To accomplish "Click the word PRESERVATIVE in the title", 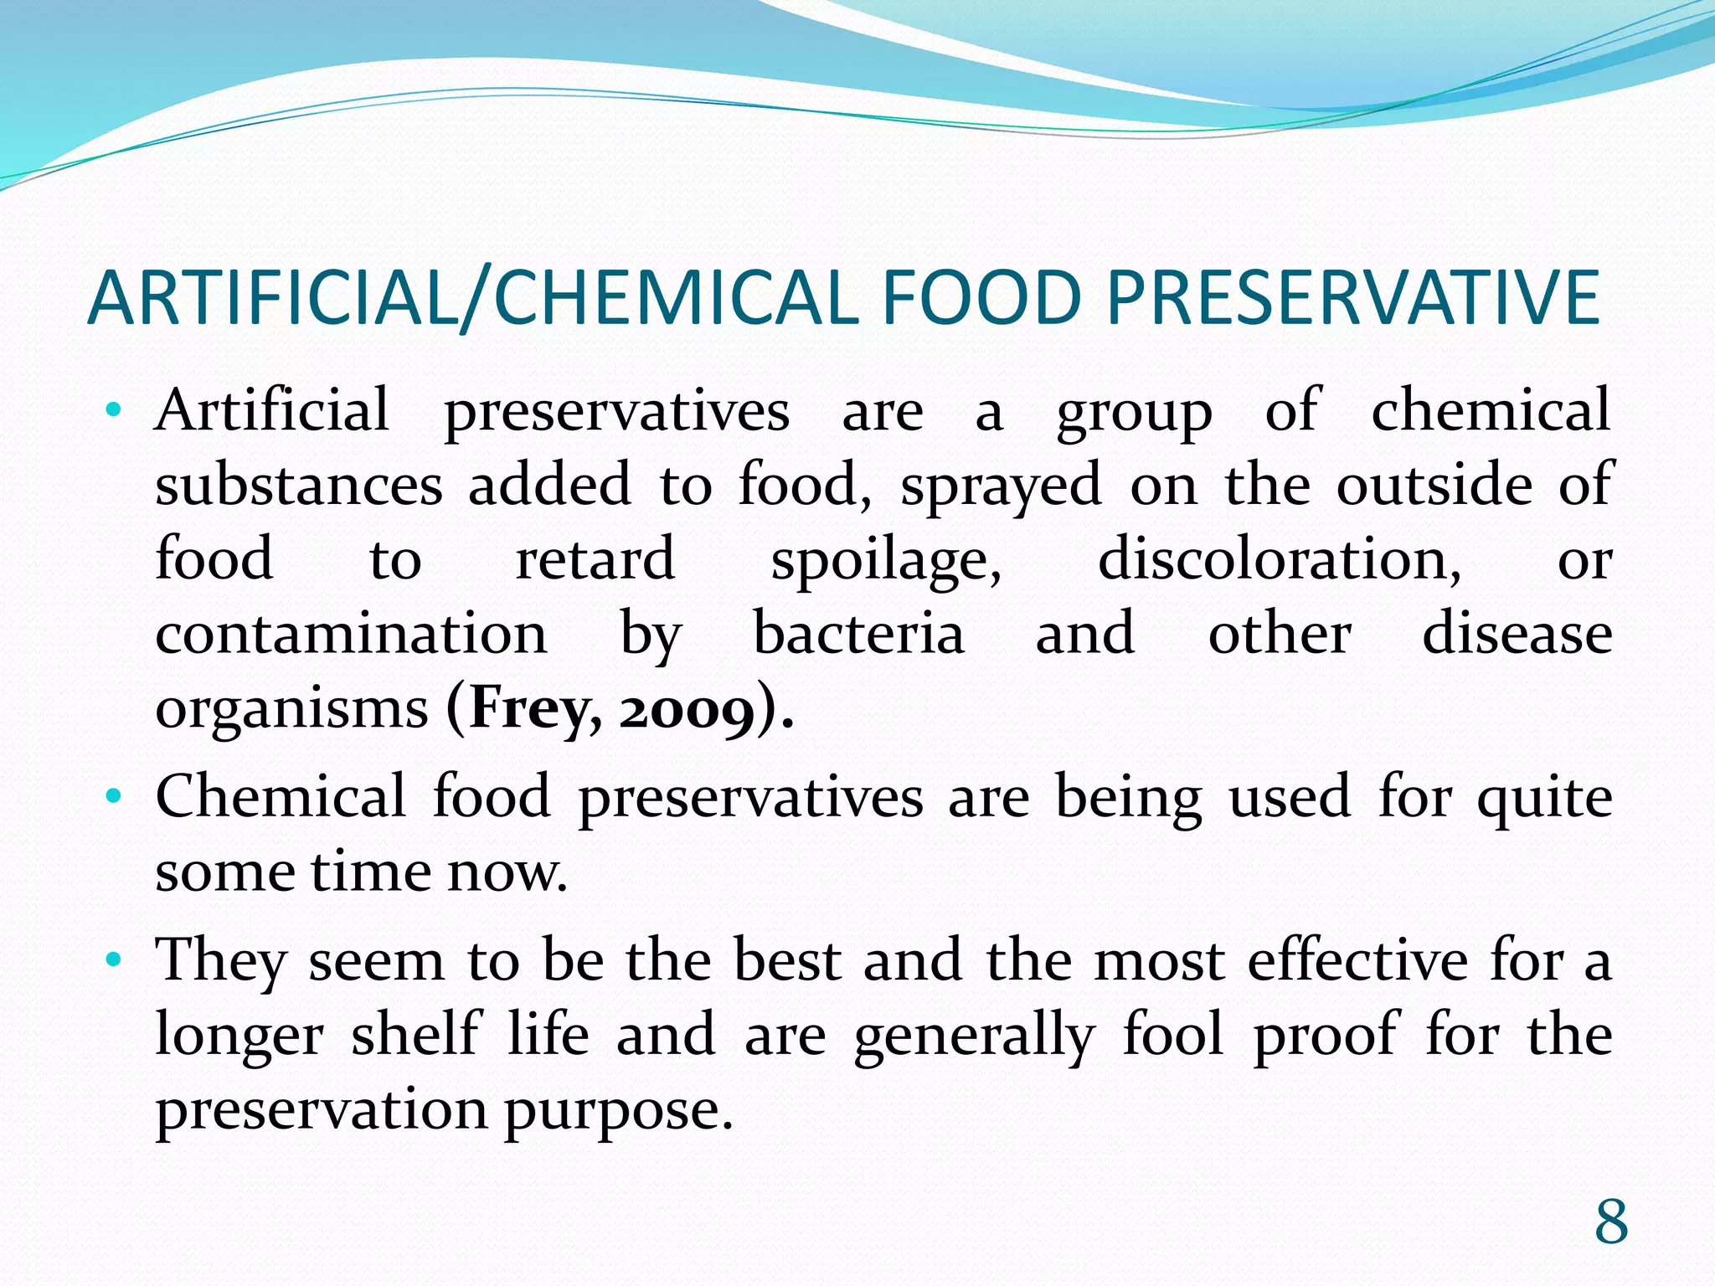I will coord(1352,298).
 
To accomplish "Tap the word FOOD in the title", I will coord(978,298).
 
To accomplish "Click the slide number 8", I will coord(1610,1222).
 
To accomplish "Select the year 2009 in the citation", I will coord(687,710).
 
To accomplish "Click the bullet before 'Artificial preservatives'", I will coord(115,411).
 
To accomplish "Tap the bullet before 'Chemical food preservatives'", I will coord(115,796).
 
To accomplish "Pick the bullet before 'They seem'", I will coord(115,959).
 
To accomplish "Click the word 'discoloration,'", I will coord(1279,560).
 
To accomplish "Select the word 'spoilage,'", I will coord(885,560).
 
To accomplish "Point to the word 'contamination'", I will coord(351,634).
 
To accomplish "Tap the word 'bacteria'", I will coord(858,634).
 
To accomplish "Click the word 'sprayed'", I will coord(1001,486).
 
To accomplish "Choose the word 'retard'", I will coord(595,560).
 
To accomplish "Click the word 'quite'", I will coord(1544,798).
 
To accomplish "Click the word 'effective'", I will coord(1357,959).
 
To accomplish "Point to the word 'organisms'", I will coord(291,710).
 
